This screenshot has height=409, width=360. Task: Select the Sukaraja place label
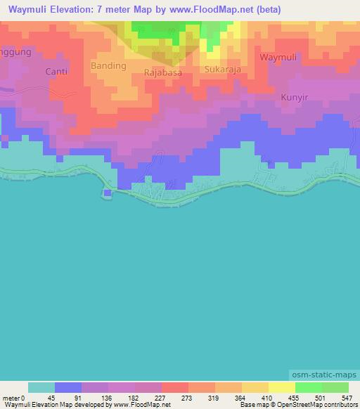(223, 70)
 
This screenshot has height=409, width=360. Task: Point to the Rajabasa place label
(163, 72)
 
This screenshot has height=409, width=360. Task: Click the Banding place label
(108, 65)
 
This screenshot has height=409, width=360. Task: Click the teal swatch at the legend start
(41, 387)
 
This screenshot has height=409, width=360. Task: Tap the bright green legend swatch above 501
(309, 387)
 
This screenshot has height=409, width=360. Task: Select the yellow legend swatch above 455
(282, 387)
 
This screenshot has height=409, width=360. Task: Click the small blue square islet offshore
(107, 193)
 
